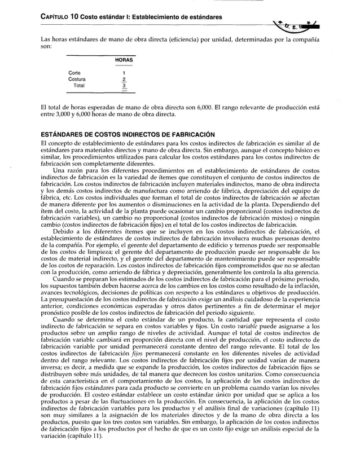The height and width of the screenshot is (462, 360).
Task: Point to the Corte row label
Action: click(x=74, y=73)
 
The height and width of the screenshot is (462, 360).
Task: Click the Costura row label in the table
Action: click(x=77, y=80)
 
